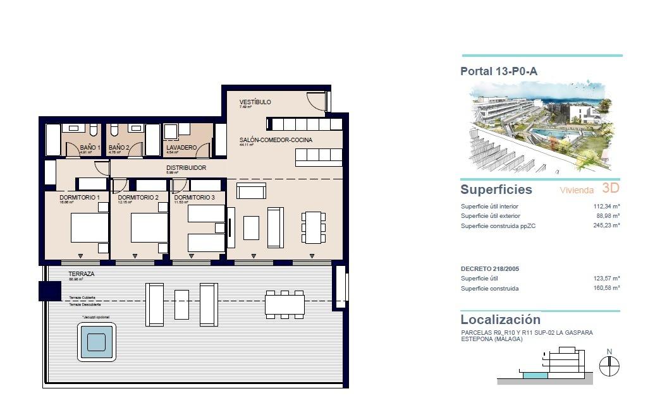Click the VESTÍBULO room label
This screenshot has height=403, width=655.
255,102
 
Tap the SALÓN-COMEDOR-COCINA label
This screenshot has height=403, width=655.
276,140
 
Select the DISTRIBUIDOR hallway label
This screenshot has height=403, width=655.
186,168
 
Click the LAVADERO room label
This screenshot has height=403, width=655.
181,148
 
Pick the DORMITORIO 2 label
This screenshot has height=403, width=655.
138,198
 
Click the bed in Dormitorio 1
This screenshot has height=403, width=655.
89,228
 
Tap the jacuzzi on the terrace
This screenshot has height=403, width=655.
97,342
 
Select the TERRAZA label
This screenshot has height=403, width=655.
81,274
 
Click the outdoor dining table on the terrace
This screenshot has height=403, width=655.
285,304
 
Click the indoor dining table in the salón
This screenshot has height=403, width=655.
313,227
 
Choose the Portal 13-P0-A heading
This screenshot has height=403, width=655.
499,71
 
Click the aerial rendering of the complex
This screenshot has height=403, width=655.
541,126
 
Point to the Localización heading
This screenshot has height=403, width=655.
500,320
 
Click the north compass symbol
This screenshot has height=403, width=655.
609,365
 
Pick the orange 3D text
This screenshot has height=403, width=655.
611,188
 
